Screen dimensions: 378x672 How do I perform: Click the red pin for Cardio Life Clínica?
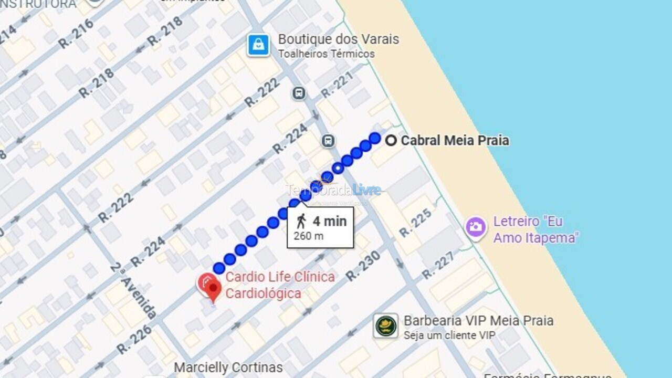(212, 288)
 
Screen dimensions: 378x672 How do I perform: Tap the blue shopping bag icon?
(258, 45)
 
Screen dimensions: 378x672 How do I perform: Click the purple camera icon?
(476, 227)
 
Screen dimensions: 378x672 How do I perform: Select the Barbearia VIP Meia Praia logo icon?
(386, 326)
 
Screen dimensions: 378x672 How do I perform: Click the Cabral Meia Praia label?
(455, 141)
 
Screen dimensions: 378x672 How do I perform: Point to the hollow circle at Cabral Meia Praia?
(391, 140)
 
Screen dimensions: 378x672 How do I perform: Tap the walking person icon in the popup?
(301, 221)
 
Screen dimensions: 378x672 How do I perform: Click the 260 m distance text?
(309, 236)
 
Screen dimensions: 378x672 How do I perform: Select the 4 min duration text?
(329, 221)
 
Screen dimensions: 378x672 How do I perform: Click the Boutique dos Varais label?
(338, 39)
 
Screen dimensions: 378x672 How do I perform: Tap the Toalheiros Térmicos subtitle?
(326, 54)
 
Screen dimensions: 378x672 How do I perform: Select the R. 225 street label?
(415, 223)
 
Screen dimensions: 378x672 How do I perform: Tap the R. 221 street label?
(337, 85)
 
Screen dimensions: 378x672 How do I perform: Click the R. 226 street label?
(134, 340)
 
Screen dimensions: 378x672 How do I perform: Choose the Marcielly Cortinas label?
(228, 367)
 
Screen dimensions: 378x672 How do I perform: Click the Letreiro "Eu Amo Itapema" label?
(535, 229)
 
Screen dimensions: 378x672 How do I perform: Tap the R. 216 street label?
(76, 34)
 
